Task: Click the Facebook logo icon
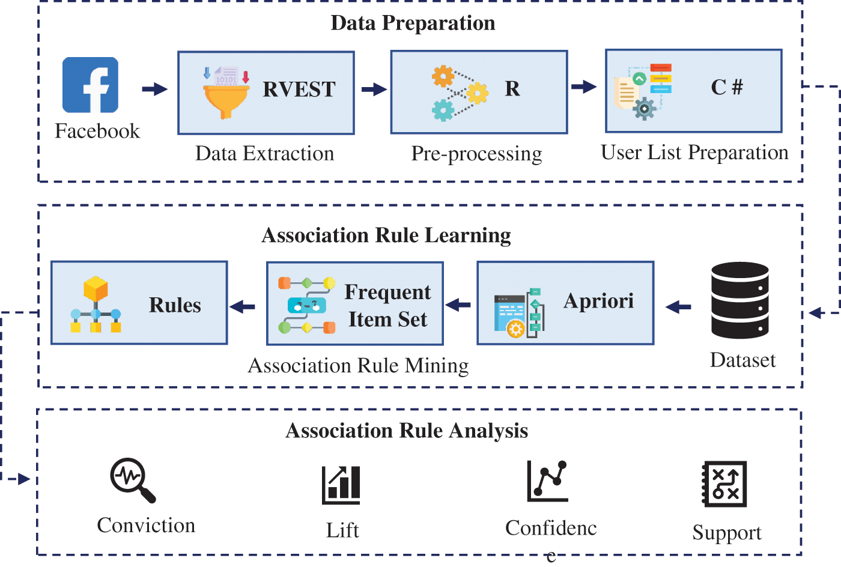[90, 85]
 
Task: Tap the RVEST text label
[299, 89]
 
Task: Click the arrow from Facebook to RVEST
[154, 89]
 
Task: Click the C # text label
[727, 87]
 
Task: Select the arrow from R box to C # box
[583, 87]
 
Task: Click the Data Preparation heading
[413, 23]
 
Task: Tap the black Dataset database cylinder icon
[739, 300]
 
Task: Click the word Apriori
[598, 300]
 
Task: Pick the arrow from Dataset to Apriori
[678, 308]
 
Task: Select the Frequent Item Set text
[387, 305]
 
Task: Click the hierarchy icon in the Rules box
[96, 305]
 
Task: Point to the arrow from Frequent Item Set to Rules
[243, 307]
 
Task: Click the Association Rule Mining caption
[358, 365]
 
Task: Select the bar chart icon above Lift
[341, 485]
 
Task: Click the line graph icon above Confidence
[547, 481]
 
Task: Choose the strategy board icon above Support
[724, 484]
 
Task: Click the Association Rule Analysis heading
[407, 431]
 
